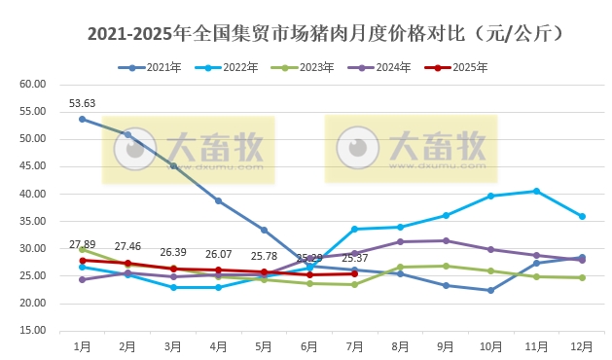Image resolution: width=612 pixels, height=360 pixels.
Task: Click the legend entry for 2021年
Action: (155, 67)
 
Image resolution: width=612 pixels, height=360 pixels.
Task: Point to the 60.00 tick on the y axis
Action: (33, 85)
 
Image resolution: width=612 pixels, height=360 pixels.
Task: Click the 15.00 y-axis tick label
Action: (33, 331)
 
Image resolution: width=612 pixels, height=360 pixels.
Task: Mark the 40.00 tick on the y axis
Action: (33, 194)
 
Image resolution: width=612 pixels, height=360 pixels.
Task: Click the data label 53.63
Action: (82, 103)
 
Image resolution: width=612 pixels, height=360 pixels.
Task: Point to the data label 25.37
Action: (355, 258)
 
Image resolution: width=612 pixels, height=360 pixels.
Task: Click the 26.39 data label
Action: (173, 251)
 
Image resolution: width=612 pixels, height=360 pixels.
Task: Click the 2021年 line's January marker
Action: (83, 119)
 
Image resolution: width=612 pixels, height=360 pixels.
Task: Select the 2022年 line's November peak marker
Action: (536, 191)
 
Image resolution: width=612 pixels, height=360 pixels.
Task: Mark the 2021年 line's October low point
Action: (491, 290)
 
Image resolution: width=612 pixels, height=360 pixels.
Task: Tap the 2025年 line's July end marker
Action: (355, 273)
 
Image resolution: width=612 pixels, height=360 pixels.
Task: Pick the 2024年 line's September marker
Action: (446, 240)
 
